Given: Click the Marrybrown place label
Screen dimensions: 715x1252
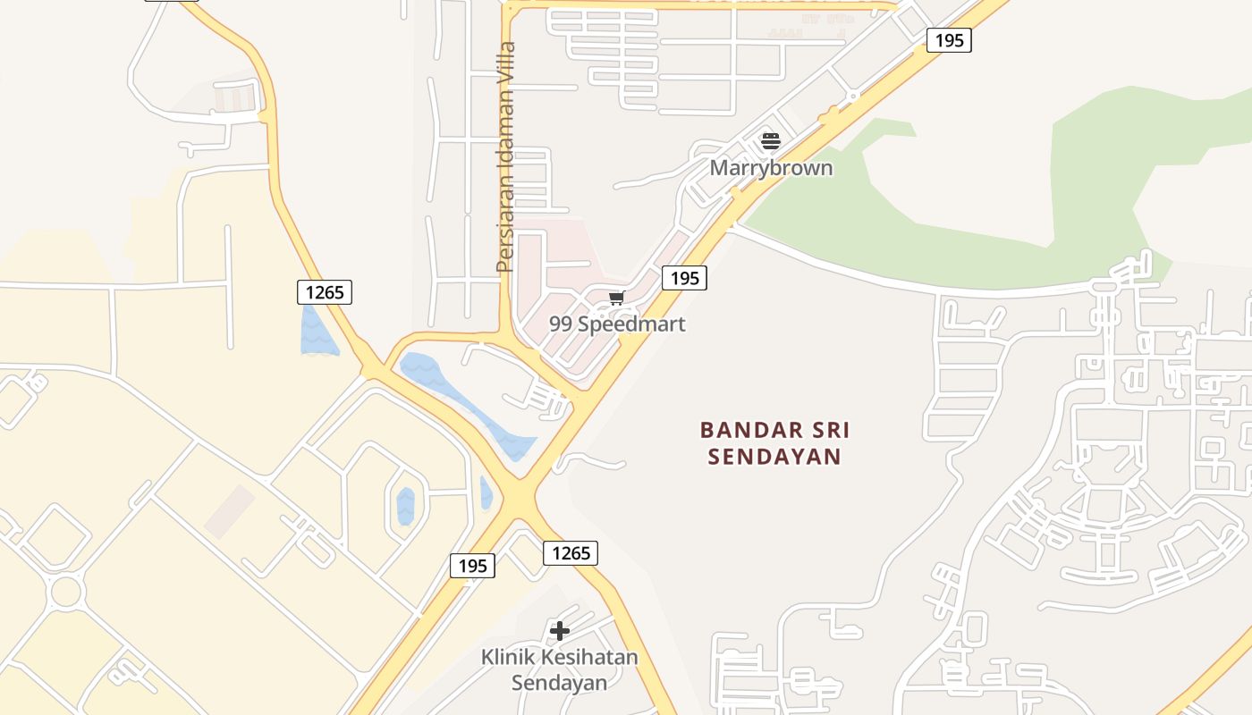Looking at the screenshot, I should click(x=771, y=168).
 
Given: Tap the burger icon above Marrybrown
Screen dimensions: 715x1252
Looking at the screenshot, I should click(x=771, y=140).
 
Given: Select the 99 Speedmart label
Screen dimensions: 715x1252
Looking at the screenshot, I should click(x=617, y=324).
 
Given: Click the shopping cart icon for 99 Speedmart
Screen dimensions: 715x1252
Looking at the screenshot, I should click(x=616, y=298).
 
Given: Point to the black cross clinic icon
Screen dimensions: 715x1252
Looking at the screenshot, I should click(x=560, y=631).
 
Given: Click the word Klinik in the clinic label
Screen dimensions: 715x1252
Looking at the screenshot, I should click(x=508, y=658).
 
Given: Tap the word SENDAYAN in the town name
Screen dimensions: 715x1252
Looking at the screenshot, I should click(x=774, y=457).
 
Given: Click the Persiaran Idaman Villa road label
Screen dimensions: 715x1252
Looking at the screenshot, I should click(x=506, y=156).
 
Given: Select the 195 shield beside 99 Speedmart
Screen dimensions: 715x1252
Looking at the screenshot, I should click(x=684, y=278).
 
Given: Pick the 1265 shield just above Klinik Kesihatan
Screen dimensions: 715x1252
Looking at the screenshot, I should click(x=571, y=553).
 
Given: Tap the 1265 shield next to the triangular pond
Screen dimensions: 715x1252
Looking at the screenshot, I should click(x=325, y=291).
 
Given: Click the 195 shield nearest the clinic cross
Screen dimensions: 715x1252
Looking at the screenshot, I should click(x=472, y=565).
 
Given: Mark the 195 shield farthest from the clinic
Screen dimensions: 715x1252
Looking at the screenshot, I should click(x=948, y=40).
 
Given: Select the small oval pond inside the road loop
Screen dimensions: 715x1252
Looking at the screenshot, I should click(x=406, y=506).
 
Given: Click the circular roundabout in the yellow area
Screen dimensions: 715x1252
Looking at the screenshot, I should click(x=67, y=591).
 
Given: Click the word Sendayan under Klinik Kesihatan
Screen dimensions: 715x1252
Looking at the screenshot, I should click(x=559, y=683).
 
